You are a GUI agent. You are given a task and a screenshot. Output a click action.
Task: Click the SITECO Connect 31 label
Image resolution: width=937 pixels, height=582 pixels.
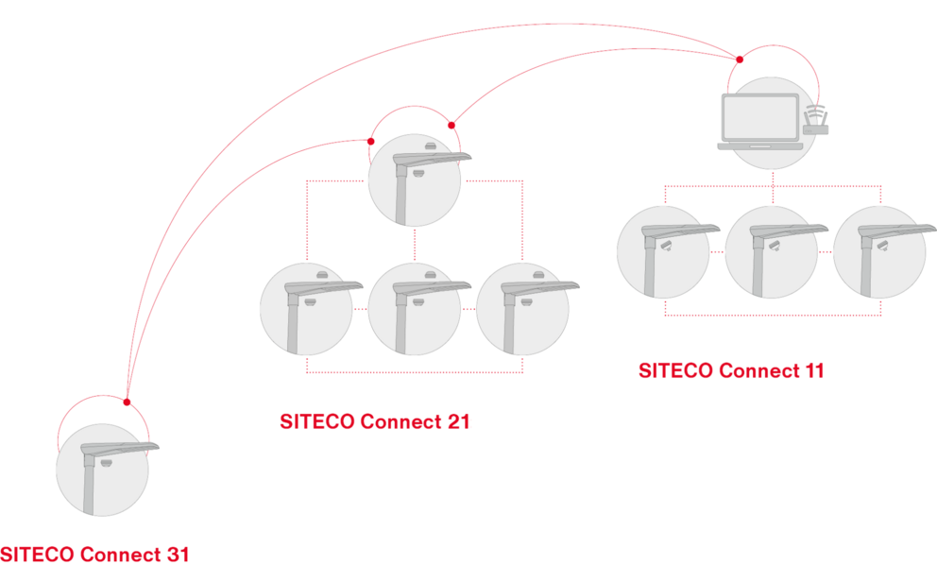pyautogui.click(x=94, y=555)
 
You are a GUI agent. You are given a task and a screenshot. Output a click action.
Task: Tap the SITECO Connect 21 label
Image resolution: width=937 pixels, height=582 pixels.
pyautogui.click(x=376, y=421)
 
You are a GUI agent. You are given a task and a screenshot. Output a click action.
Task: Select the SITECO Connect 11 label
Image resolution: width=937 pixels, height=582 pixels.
pyautogui.click(x=732, y=370)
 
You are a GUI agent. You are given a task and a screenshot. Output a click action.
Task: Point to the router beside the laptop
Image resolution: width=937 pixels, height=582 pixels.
pyautogui.click(x=815, y=121)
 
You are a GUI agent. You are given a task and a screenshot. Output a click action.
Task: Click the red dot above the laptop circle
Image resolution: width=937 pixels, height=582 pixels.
pyautogui.click(x=741, y=60)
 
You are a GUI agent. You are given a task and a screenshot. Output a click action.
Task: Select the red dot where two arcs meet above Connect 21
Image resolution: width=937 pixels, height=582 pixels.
pyautogui.click(x=451, y=125)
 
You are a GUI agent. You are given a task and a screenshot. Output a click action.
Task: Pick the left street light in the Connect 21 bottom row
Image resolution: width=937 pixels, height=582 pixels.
pyautogui.click(x=306, y=308)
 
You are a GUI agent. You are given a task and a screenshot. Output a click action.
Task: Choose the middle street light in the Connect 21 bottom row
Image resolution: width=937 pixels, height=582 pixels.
pyautogui.click(x=414, y=308)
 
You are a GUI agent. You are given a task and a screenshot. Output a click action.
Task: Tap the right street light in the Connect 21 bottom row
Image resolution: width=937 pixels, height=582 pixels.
pyautogui.click(x=521, y=308)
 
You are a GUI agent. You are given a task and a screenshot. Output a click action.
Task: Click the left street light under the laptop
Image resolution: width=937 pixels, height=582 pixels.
pyautogui.click(x=662, y=250)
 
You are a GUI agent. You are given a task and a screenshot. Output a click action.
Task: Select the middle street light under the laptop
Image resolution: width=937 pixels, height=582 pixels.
pyautogui.click(x=771, y=250)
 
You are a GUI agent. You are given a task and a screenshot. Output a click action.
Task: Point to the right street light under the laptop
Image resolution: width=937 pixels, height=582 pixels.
pyautogui.click(x=879, y=250)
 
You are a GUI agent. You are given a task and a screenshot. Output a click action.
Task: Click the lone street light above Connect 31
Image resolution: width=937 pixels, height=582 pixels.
pyautogui.click(x=102, y=470)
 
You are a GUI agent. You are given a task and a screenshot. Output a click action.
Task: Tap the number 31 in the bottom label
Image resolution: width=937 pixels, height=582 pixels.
pyautogui.click(x=177, y=555)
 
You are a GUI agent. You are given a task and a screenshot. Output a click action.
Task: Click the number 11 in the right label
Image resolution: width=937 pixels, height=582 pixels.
pyautogui.click(x=813, y=370)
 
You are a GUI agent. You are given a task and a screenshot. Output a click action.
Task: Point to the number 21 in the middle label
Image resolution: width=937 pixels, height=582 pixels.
pyautogui.click(x=458, y=421)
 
